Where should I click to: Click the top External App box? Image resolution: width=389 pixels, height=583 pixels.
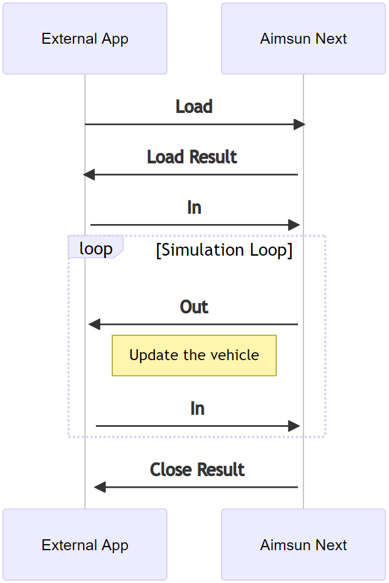[85, 39]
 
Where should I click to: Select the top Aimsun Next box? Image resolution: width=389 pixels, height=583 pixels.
[303, 39]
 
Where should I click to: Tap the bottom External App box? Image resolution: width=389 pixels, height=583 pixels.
[85, 545]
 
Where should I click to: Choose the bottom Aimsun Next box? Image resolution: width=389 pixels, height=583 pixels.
[303, 545]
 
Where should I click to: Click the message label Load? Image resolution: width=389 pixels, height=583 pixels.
[194, 107]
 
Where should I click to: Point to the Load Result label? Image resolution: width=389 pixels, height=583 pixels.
[192, 157]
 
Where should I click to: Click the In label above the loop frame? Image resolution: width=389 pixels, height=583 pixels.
[194, 208]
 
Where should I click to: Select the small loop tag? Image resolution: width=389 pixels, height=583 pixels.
[96, 248]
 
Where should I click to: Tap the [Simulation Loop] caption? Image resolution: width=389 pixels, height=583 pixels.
[224, 250]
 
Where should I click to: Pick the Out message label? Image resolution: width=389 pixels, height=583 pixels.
[194, 307]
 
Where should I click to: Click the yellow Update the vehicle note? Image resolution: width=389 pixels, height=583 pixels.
[194, 355]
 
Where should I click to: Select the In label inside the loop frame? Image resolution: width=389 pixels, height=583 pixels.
[197, 409]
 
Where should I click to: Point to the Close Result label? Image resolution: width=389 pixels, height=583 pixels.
[197, 470]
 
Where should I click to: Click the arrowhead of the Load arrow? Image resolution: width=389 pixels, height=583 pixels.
[299, 124]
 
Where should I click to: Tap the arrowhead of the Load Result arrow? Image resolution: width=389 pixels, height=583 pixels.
[89, 175]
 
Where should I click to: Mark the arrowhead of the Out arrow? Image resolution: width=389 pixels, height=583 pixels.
[95, 324]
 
